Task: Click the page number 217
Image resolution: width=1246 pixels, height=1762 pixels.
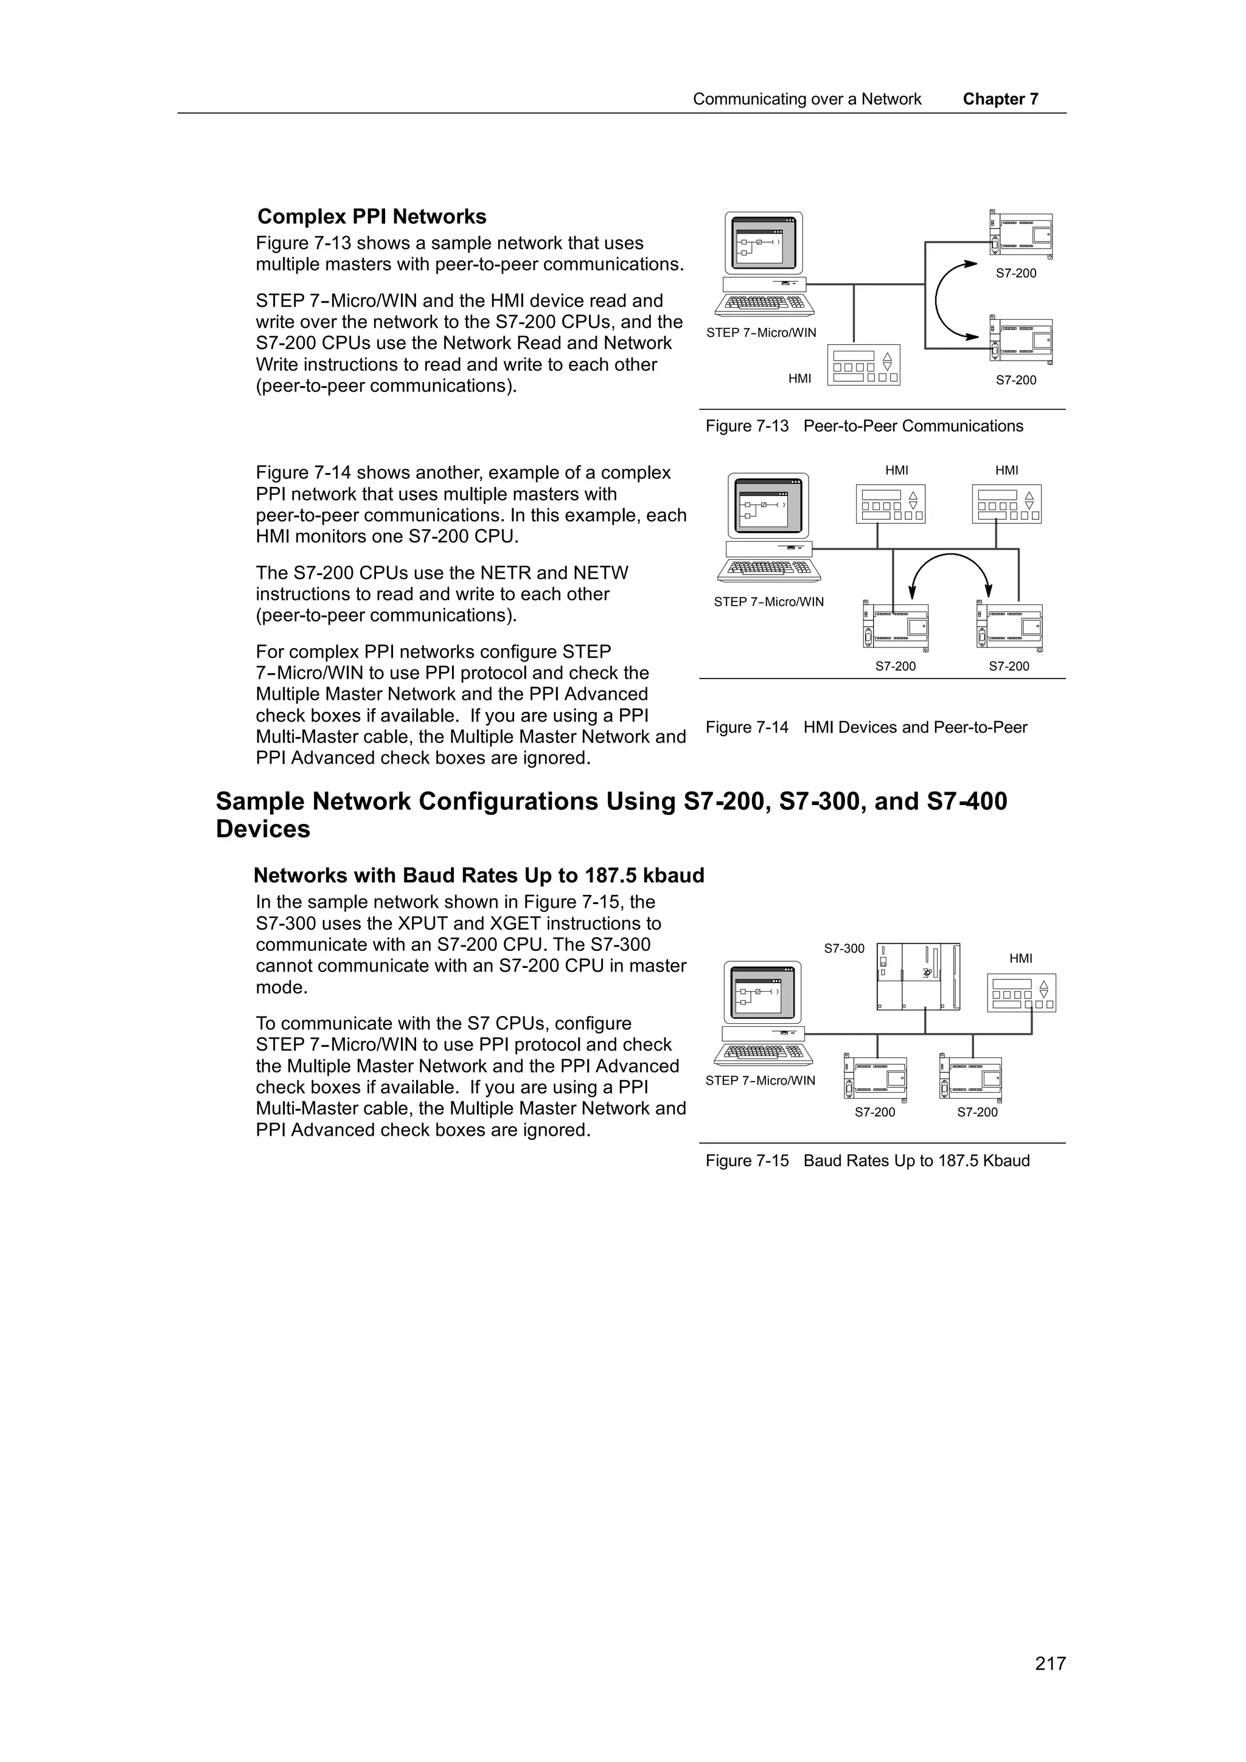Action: pos(1049,1663)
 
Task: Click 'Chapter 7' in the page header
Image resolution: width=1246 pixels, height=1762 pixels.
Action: pos(1000,99)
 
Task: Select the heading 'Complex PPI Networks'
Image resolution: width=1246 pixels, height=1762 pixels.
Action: pos(372,216)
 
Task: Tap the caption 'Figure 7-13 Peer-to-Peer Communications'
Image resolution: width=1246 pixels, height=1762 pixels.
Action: pos(864,426)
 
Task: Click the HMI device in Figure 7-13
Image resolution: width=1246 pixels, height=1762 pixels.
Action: pos(863,365)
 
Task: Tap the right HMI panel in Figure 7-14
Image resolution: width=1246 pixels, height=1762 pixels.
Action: pos(1006,504)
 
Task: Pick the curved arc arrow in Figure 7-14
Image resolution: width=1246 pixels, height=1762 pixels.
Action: pos(950,568)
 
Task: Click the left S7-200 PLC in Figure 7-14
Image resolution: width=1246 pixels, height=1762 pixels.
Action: pos(895,627)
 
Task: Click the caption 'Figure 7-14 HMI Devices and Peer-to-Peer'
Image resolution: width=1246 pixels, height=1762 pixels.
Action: pos(865,728)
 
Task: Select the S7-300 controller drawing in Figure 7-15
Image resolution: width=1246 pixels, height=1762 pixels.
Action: pos(918,976)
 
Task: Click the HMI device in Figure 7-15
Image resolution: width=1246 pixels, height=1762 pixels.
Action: pos(1020,993)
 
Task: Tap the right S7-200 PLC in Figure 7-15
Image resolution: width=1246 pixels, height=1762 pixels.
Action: pos(971,1079)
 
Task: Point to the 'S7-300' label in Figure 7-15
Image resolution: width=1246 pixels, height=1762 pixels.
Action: pos(844,948)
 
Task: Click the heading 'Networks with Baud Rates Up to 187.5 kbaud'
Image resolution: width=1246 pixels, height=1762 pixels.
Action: pos(478,876)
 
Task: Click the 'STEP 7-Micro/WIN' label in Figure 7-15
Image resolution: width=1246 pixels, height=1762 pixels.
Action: pos(760,1080)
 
